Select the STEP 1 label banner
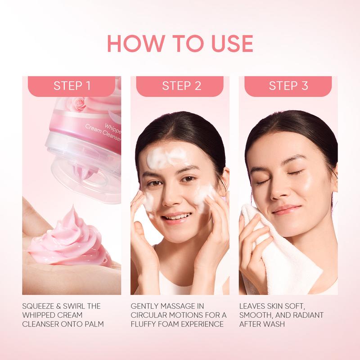(72, 86)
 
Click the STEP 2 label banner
(180, 86)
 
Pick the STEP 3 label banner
(288, 86)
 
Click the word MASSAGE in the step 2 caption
(175, 306)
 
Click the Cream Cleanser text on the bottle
(103, 133)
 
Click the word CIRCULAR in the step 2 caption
(146, 315)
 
